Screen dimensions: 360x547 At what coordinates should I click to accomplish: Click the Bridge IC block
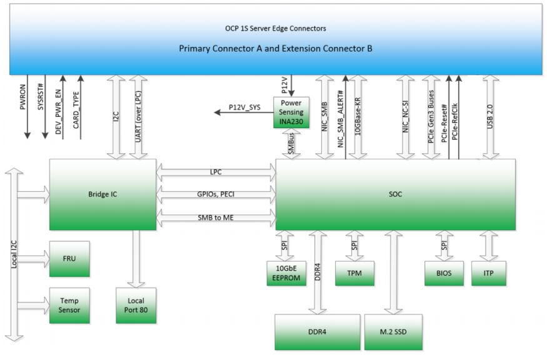pos(103,194)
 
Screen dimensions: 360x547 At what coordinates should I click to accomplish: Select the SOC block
pos(395,194)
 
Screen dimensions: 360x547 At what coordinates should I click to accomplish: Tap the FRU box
pos(69,259)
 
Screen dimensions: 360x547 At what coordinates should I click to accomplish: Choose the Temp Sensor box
pos(69,305)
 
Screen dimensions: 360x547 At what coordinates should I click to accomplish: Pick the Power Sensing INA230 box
pos(291,112)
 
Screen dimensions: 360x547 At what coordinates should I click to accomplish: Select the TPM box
pos(354,272)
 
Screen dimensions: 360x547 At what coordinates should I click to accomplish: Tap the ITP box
pos(488,272)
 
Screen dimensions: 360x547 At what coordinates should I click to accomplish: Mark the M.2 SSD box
pos(393,331)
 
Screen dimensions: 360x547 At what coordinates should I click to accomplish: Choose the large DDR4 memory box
pos(318,331)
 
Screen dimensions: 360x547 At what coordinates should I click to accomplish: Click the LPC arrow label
pos(216,171)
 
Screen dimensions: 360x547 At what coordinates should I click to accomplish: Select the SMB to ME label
pos(216,217)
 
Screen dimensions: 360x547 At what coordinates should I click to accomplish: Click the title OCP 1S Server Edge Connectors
pos(276,29)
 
